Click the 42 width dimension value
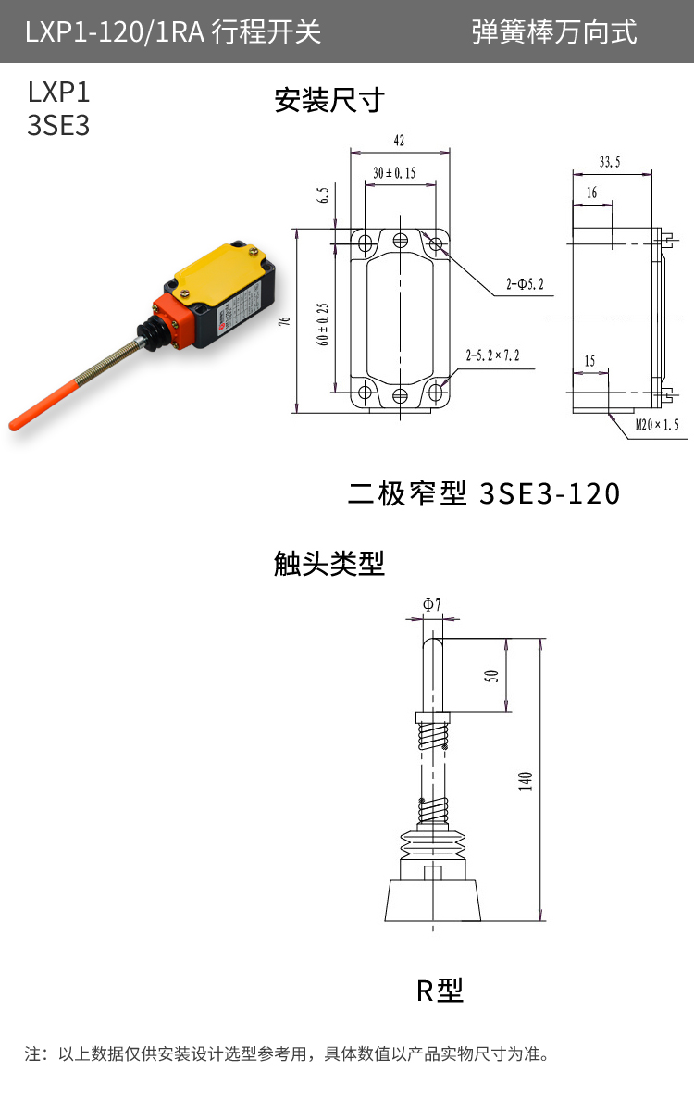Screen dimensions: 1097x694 click(x=399, y=141)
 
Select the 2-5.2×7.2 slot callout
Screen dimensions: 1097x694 click(x=492, y=355)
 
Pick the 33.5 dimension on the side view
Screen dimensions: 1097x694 click(x=610, y=162)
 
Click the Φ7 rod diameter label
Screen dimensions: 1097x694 click(x=431, y=605)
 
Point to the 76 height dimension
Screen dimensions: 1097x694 click(x=285, y=321)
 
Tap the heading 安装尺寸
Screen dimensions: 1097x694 click(x=328, y=100)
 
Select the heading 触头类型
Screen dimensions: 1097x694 click(x=328, y=562)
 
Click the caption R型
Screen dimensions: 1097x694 click(x=439, y=991)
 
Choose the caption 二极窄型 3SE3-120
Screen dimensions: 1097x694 click(x=483, y=493)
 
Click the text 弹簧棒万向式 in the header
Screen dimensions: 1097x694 click(x=554, y=32)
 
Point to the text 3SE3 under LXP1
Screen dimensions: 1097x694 click(x=58, y=126)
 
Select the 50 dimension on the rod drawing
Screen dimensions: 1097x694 click(x=491, y=676)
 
